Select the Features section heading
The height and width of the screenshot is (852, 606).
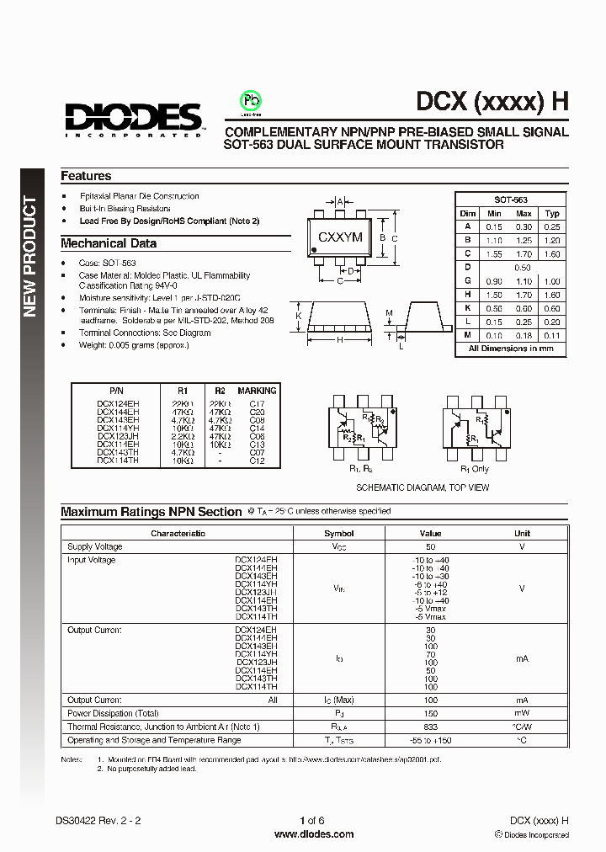[x=86, y=176]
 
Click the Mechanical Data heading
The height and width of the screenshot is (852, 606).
[x=109, y=243]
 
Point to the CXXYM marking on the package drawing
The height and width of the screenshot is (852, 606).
[x=340, y=237]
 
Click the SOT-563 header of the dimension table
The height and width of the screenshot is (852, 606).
[x=510, y=200]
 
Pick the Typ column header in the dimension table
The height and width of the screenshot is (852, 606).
[x=552, y=214]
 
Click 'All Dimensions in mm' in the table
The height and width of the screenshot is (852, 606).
[x=511, y=349]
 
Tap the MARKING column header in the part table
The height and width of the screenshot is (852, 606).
[x=257, y=391]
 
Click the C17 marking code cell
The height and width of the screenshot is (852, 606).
[x=257, y=404]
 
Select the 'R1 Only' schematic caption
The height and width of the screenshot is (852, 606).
[x=475, y=468]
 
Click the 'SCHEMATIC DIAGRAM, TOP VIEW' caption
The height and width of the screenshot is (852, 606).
[x=422, y=487]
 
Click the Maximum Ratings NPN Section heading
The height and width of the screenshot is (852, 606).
[x=151, y=512]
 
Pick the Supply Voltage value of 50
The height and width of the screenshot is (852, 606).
[x=430, y=546]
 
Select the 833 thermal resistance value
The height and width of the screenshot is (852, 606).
[x=430, y=727]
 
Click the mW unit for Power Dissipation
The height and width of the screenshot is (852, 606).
[x=522, y=713]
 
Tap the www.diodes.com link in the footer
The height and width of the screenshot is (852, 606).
[x=314, y=834]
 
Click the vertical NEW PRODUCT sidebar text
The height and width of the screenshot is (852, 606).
[x=31, y=257]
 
